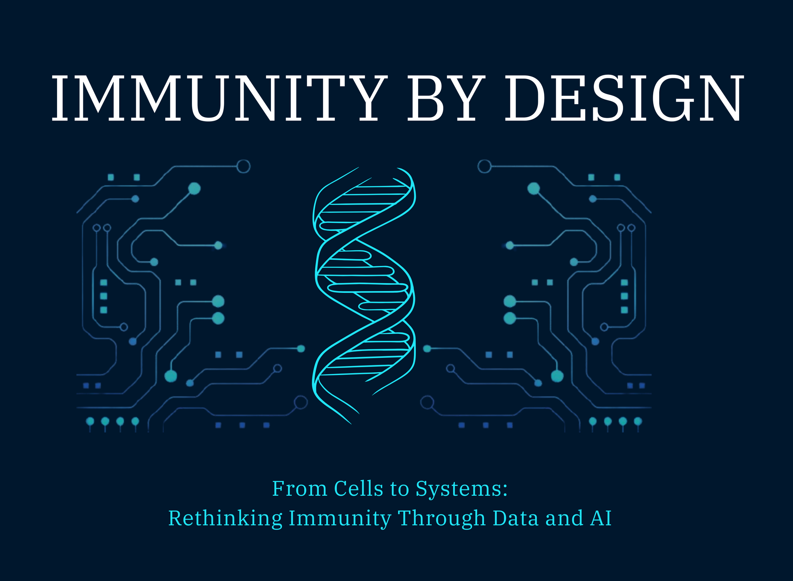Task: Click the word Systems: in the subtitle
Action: click(462, 489)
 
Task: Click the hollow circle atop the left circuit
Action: click(243, 166)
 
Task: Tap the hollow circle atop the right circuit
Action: click(484, 166)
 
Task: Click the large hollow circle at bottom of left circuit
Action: click(301, 402)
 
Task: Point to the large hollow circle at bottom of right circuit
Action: click(427, 402)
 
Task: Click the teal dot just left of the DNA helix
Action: click(301, 349)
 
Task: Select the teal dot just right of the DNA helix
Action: click(427, 349)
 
